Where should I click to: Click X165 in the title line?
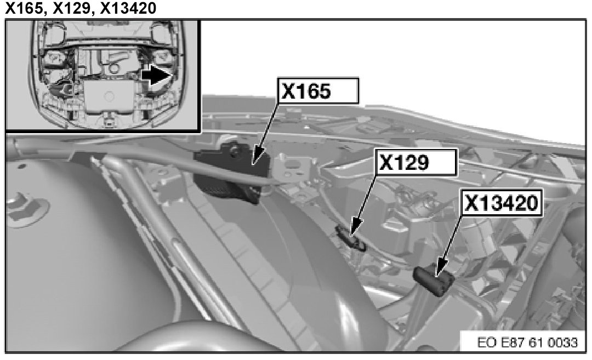pos(24,8)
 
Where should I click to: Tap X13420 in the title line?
pos(128,8)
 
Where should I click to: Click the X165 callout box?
pos(318,90)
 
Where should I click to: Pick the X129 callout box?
pos(416,162)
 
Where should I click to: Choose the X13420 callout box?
pos(502,203)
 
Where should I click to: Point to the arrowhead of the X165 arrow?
pos(258,159)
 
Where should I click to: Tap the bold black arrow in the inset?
pos(155,75)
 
